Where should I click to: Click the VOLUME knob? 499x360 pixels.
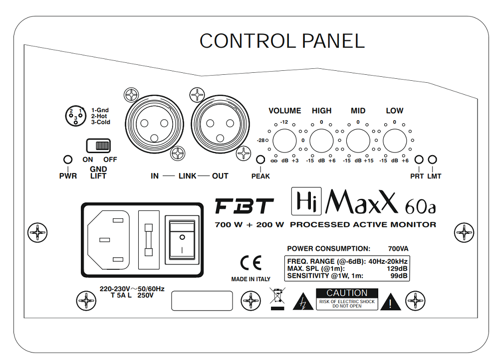pyautogui.click(x=284, y=140)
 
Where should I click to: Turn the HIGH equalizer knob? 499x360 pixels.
pyautogui.click(x=322, y=140)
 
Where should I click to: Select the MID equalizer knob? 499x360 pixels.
pyautogui.click(x=358, y=140)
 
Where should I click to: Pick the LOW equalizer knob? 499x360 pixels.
pyautogui.click(x=395, y=140)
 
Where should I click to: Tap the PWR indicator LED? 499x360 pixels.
pyautogui.click(x=67, y=160)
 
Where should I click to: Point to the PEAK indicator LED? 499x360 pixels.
pyautogui.click(x=260, y=160)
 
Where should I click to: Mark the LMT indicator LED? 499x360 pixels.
pyautogui.click(x=433, y=160)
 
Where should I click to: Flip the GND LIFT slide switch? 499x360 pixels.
pyautogui.click(x=98, y=146)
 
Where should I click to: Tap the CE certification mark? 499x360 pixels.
pyautogui.click(x=250, y=263)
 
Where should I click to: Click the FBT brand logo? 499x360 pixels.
pyautogui.click(x=245, y=206)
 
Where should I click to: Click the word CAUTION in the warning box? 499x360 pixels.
pyautogui.click(x=347, y=293)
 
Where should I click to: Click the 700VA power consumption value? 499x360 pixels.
pyautogui.click(x=398, y=248)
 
